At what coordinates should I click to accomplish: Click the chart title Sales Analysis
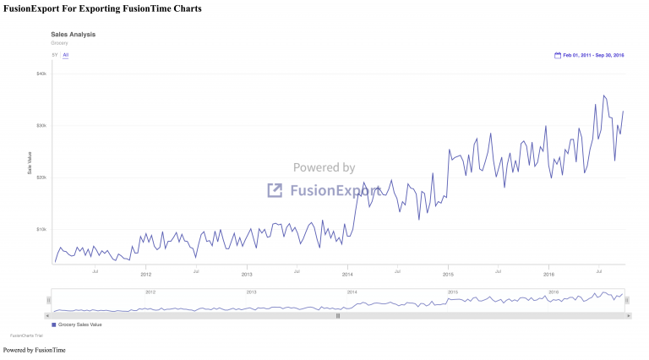pyautogui.click(x=73, y=35)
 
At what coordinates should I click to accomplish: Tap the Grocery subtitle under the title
pyautogui.click(x=58, y=42)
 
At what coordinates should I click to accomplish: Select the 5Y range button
pyautogui.click(x=55, y=55)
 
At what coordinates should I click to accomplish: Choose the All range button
pyautogui.click(x=66, y=55)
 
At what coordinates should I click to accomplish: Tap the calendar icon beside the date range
pyautogui.click(x=558, y=55)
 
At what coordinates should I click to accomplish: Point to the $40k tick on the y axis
pyautogui.click(x=41, y=74)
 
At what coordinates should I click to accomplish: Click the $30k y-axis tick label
pyautogui.click(x=41, y=125)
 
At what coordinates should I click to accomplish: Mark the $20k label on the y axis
pyautogui.click(x=41, y=177)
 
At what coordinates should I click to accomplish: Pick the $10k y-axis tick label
pyautogui.click(x=41, y=229)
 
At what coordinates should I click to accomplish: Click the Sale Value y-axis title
pyautogui.click(x=30, y=165)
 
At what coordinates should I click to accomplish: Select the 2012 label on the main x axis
pyautogui.click(x=145, y=274)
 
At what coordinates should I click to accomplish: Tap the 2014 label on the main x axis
pyautogui.click(x=347, y=274)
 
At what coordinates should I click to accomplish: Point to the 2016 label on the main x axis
pyautogui.click(x=548, y=274)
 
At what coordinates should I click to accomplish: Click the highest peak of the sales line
pyautogui.click(x=603, y=95)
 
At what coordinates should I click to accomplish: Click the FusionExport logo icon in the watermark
pyautogui.click(x=275, y=190)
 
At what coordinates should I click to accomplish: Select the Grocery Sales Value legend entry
pyautogui.click(x=78, y=325)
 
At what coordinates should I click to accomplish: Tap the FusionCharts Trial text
pyautogui.click(x=26, y=335)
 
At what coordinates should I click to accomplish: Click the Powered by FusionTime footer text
pyautogui.click(x=35, y=350)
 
